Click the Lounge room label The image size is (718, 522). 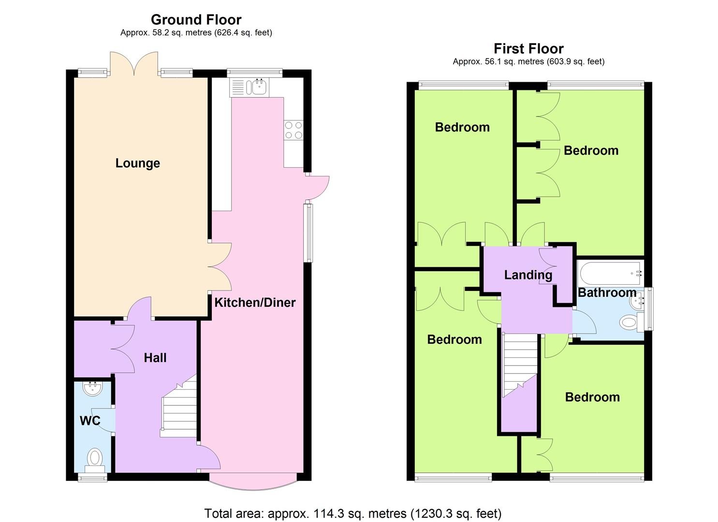[137, 163]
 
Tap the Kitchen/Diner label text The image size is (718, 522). [255, 303]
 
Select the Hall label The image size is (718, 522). [155, 358]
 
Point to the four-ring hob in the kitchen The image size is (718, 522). [293, 130]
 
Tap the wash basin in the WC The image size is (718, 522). [93, 389]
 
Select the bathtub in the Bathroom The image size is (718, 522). [611, 274]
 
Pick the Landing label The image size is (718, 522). [528, 275]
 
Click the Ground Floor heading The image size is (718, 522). [196, 20]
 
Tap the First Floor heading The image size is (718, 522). [528, 49]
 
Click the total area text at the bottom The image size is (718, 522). [353, 513]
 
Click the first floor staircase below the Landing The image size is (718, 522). [520, 365]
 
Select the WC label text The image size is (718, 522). [90, 420]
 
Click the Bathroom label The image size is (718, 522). [607, 292]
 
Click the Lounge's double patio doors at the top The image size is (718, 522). [134, 63]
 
